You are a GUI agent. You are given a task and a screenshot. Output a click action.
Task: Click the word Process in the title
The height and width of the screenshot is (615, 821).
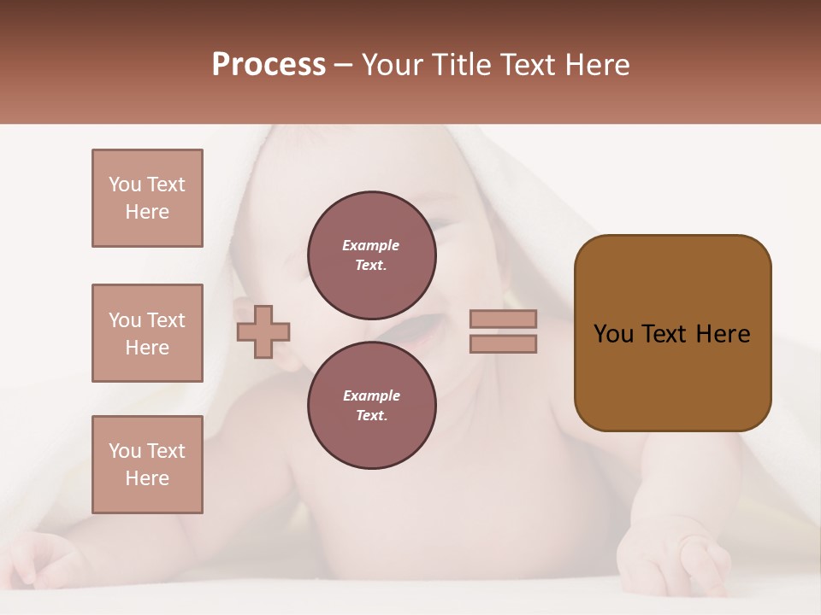[269, 65]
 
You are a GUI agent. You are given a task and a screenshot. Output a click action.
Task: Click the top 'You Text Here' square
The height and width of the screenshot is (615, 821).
[147, 198]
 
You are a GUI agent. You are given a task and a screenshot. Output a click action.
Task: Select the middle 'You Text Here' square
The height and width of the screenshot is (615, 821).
[147, 333]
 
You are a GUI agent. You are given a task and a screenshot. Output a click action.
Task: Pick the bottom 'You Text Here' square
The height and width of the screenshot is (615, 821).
[147, 465]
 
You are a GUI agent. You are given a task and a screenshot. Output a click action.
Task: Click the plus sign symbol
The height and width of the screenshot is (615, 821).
[263, 331]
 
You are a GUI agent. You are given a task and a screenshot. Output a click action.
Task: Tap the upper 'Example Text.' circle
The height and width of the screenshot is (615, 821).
[372, 255]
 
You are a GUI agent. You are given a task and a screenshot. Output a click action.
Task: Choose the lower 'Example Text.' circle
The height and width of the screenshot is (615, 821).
[372, 406]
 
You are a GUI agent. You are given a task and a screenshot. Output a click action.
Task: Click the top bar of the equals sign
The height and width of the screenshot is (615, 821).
[503, 319]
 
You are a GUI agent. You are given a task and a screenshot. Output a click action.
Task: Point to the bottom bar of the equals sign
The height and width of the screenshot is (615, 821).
[503, 343]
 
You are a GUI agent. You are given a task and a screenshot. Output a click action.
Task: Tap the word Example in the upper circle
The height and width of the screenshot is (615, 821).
[371, 246]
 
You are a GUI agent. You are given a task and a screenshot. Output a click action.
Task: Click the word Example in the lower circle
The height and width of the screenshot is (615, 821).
[371, 396]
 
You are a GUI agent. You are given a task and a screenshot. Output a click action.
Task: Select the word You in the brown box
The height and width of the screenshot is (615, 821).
[613, 334]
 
